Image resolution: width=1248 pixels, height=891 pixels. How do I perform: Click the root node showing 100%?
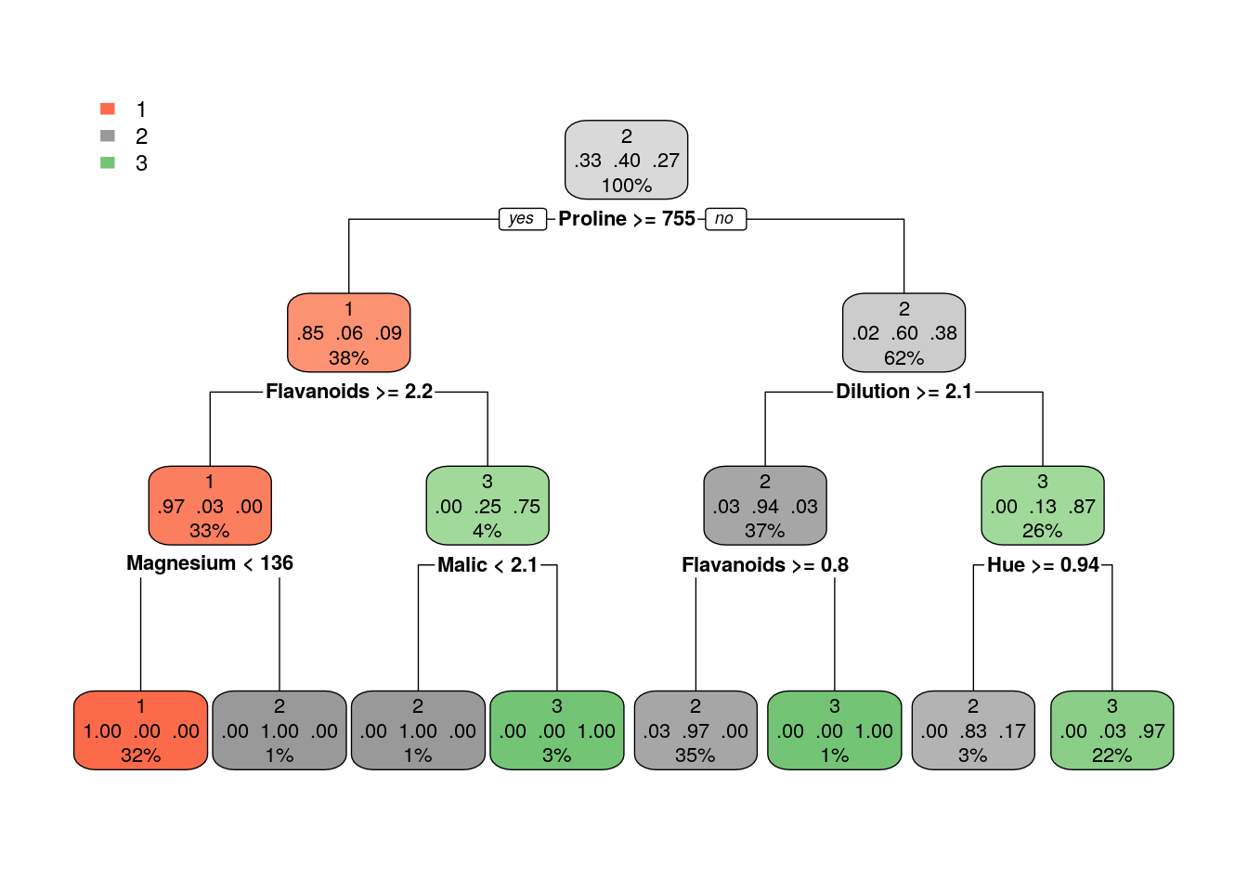pyautogui.click(x=626, y=160)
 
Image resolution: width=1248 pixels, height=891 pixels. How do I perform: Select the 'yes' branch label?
pyautogui.click(x=522, y=219)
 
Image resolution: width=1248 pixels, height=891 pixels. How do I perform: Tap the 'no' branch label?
pyautogui.click(x=725, y=219)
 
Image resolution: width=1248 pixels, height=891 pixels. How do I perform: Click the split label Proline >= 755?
pyautogui.click(x=627, y=219)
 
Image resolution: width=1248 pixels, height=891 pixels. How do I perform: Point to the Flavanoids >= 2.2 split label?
pyautogui.click(x=349, y=392)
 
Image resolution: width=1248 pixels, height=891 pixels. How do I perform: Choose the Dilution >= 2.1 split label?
pyautogui.click(x=903, y=392)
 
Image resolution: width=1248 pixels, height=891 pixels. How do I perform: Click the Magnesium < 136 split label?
pyautogui.click(x=210, y=563)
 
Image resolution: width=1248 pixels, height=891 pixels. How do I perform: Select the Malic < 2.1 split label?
pyautogui.click(x=487, y=565)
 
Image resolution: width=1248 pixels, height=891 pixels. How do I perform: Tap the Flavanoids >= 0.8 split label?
pyautogui.click(x=765, y=565)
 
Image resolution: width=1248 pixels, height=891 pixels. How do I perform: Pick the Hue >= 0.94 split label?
pyautogui.click(x=1043, y=565)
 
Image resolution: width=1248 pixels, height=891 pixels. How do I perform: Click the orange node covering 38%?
pyautogui.click(x=349, y=333)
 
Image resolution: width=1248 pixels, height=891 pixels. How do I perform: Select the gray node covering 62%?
pyautogui.click(x=903, y=333)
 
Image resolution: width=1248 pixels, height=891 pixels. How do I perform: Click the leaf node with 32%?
pyautogui.click(x=141, y=730)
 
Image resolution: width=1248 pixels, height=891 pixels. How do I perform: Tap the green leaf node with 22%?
pyautogui.click(x=1111, y=730)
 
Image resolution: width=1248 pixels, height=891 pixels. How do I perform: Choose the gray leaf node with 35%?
pyautogui.click(x=695, y=730)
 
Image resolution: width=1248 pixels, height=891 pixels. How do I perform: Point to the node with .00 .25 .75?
pyautogui.click(x=487, y=506)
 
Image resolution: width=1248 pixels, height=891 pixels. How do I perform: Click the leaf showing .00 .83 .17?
pyautogui.click(x=973, y=730)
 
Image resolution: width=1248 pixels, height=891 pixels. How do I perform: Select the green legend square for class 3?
pyautogui.click(x=108, y=163)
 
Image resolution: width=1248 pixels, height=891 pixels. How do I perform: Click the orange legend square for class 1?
pyautogui.click(x=108, y=110)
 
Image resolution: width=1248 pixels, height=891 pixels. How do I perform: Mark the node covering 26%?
pyautogui.click(x=1043, y=506)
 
